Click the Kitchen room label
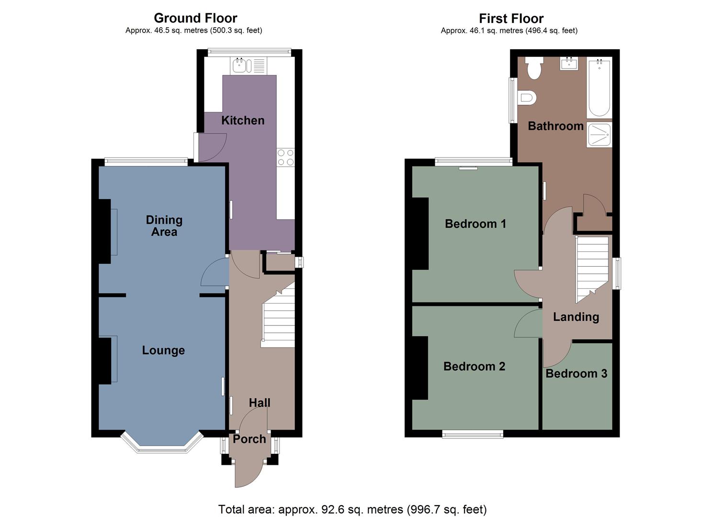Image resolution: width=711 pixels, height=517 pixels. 243,120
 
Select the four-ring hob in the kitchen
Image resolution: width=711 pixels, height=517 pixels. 286,157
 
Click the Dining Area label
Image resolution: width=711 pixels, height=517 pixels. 164,226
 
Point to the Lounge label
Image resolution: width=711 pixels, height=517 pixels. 163,350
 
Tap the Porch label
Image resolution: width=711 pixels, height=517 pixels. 249,439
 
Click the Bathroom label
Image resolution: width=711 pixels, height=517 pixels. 555,126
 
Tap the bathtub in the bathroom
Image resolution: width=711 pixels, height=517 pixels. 598,87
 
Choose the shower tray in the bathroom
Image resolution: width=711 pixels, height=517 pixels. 599,135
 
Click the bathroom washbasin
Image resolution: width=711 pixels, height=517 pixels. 569,63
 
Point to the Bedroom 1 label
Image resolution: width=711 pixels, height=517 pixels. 475,224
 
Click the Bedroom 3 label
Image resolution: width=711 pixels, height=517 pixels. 576,373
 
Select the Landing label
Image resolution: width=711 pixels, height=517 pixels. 576,317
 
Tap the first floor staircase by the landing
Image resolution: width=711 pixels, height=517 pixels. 592,268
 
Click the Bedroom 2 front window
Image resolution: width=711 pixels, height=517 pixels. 473,434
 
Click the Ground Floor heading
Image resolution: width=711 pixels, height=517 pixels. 195,18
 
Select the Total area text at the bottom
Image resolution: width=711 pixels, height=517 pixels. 352,509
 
